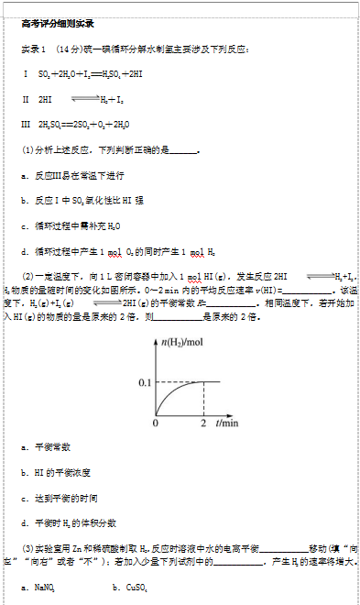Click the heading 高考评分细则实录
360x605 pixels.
pos(57,23)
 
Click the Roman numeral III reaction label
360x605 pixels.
pos(26,125)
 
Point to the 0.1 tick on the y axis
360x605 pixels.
pos(143,380)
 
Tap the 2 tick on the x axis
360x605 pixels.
pos(202,424)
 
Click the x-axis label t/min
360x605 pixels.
pos(227,424)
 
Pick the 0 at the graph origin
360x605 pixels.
pos(155,424)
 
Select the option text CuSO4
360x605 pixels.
pos(134,585)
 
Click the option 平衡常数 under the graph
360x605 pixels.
pos(52,446)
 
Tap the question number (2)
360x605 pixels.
pos(27,275)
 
